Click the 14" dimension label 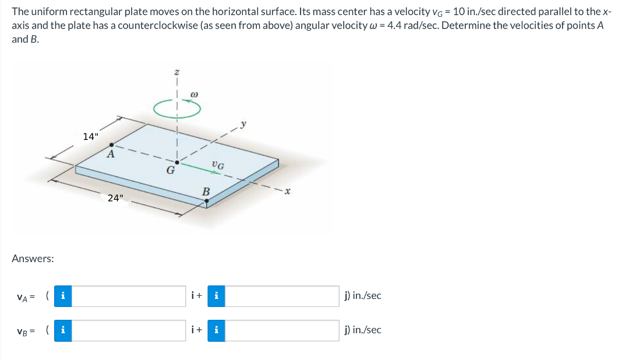91,137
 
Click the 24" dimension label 115,197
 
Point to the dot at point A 112,144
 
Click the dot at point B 206,200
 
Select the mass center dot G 177,161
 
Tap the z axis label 177,72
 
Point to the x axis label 287,190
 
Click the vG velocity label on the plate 218,165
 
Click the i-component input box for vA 129,296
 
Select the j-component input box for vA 282,296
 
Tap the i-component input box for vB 129,330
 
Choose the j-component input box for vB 282,330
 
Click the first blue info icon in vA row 63,296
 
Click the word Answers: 33,258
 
